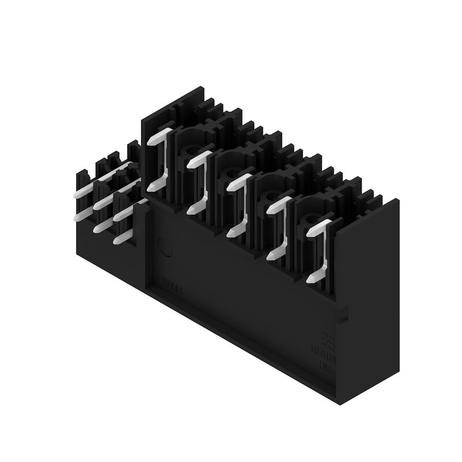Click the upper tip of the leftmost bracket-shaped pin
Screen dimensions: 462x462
click(152, 140)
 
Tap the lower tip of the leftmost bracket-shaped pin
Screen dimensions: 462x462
click(152, 187)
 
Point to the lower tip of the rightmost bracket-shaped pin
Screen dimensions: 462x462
click(311, 280)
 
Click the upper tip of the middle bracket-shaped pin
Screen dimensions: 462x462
click(232, 186)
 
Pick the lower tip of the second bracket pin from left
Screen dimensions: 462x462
click(192, 210)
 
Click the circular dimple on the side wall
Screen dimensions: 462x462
click(165, 247)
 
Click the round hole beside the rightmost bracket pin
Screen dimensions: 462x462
click(312, 220)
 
